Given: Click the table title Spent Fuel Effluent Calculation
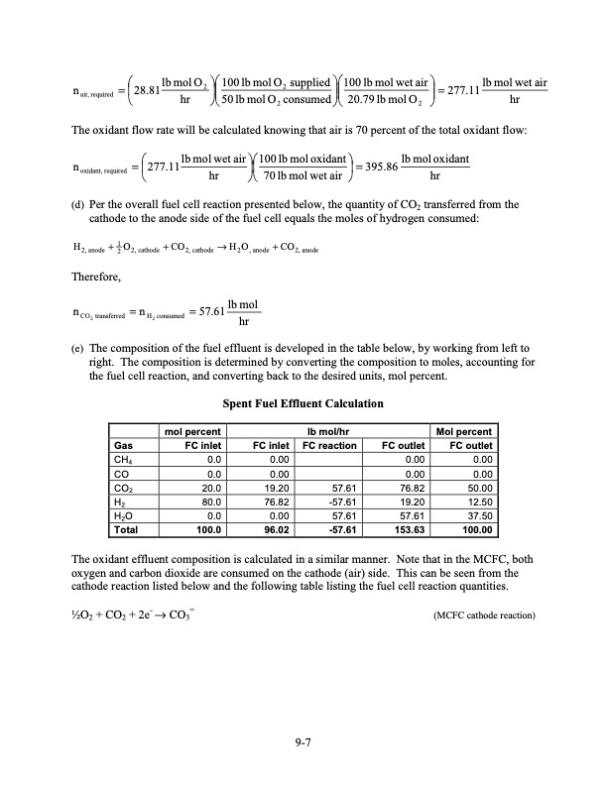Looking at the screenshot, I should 303,404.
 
